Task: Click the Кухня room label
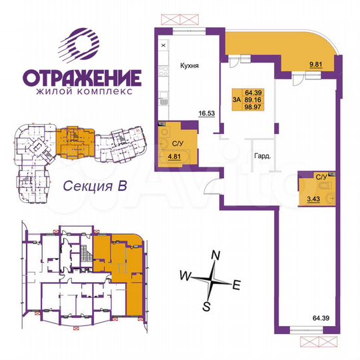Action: tap(191, 66)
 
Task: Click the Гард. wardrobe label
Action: tap(261, 157)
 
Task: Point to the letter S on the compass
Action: tap(207, 306)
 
